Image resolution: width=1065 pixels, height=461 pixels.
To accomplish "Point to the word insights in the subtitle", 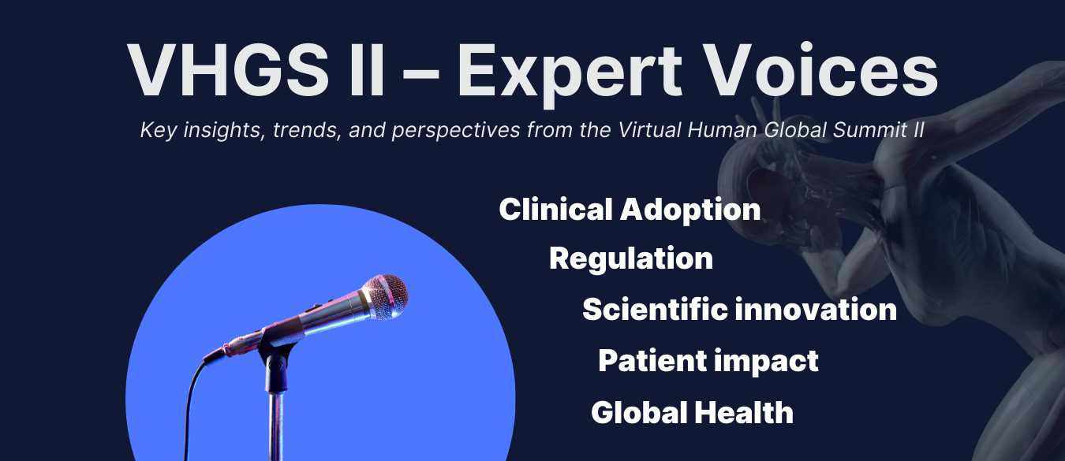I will [218, 130].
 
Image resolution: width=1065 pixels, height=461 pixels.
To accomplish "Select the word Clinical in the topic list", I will [556, 210].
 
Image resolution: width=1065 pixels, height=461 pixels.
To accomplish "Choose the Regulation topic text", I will [631, 258].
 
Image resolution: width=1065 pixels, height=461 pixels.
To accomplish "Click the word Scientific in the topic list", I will [654, 310].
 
